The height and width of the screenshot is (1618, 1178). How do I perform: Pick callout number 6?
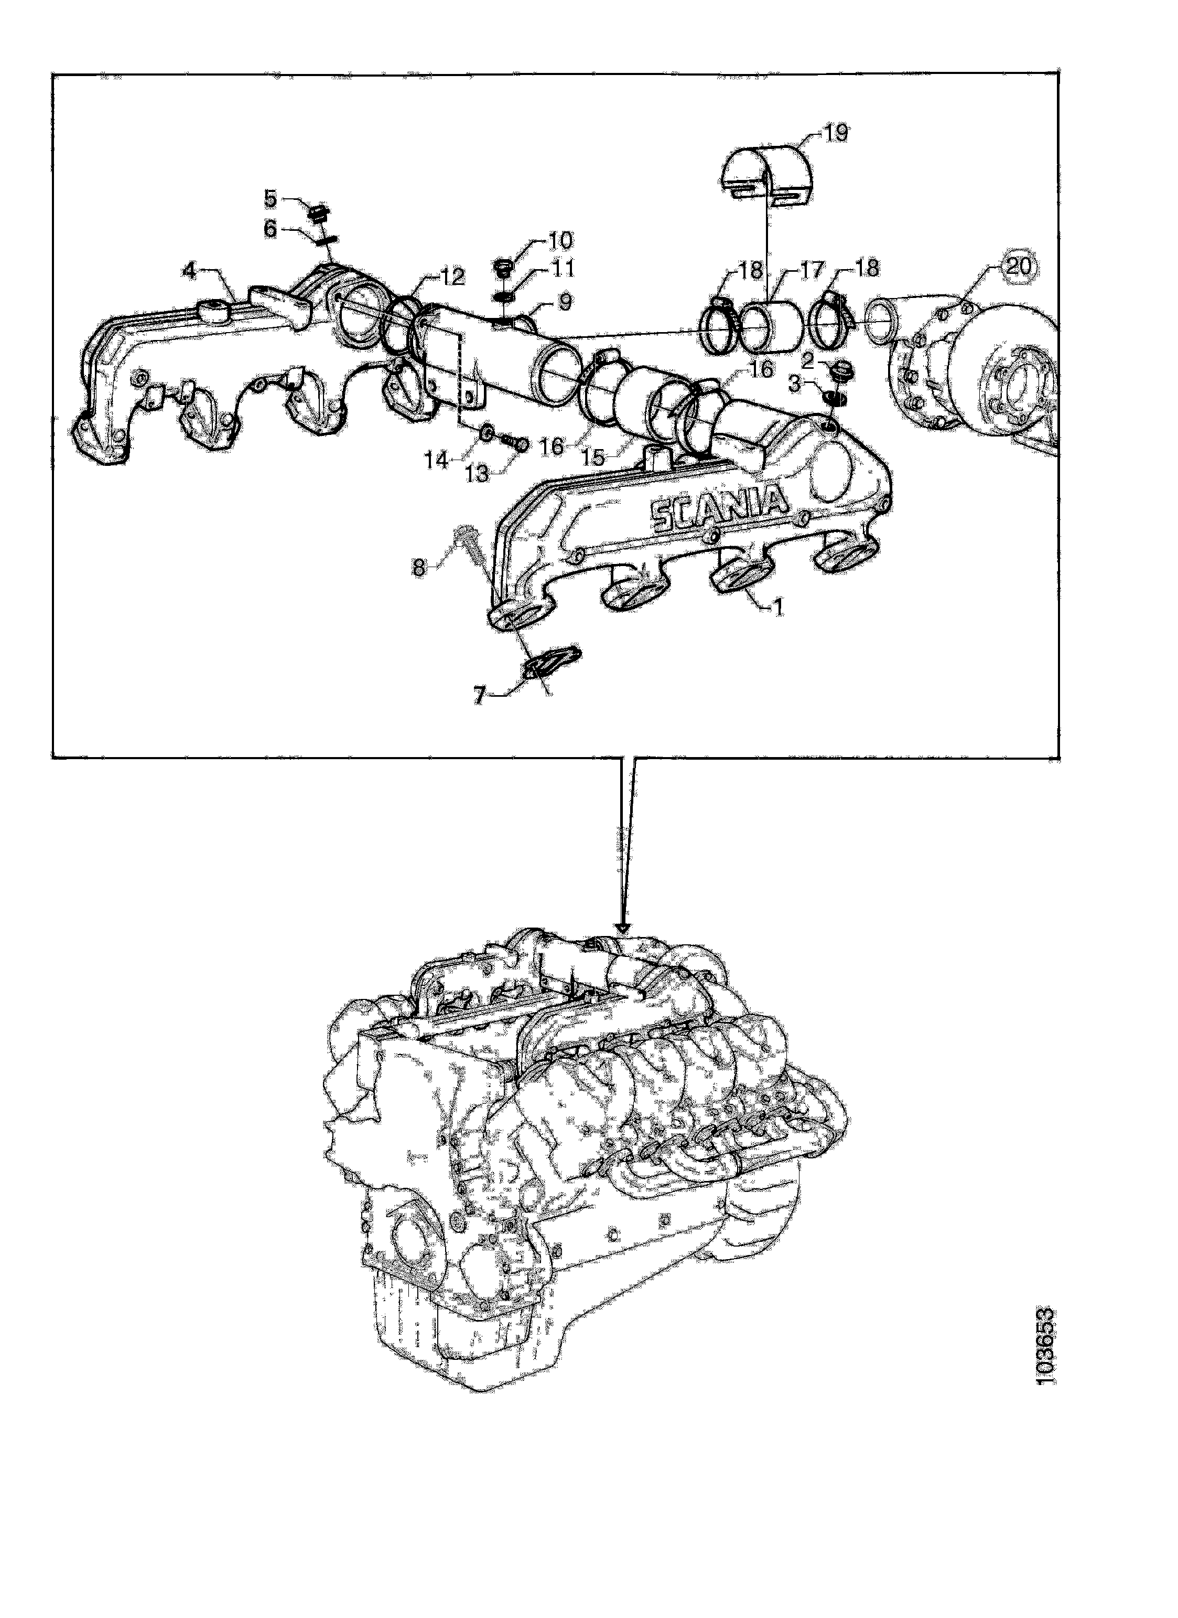(271, 228)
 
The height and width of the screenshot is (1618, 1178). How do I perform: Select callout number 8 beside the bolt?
(420, 568)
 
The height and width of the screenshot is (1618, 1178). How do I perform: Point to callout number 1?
(778, 606)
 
